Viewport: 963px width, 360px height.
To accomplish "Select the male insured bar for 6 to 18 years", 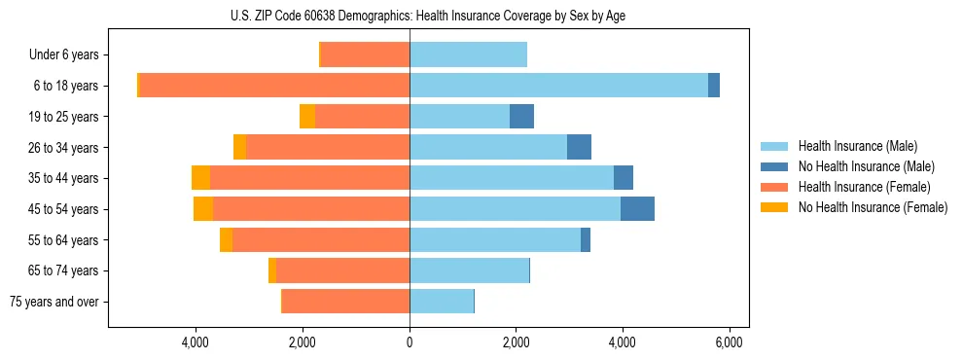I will [558, 86].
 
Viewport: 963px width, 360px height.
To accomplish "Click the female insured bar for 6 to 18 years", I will [274, 86].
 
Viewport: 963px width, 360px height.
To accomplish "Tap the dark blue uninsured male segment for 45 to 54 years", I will [637, 209].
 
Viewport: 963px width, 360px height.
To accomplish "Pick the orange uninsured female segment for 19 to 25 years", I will [307, 117].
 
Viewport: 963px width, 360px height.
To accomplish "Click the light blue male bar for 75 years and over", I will [442, 302].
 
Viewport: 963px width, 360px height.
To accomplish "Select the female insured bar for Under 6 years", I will [365, 55].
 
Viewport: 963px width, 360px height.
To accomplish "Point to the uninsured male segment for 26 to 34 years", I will [579, 148].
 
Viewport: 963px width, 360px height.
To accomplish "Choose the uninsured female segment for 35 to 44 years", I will [200, 178].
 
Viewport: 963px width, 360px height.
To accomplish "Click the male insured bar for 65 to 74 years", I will [469, 270].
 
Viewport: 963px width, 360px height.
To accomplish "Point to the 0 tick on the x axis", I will [410, 342].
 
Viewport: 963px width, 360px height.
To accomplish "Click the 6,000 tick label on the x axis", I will [729, 342].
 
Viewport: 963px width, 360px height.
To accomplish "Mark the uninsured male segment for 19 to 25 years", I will [521, 117].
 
